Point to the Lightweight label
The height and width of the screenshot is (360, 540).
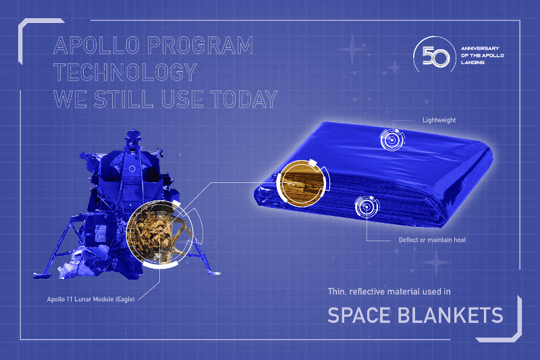point(439,120)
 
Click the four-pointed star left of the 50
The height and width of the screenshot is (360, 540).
point(352,49)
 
